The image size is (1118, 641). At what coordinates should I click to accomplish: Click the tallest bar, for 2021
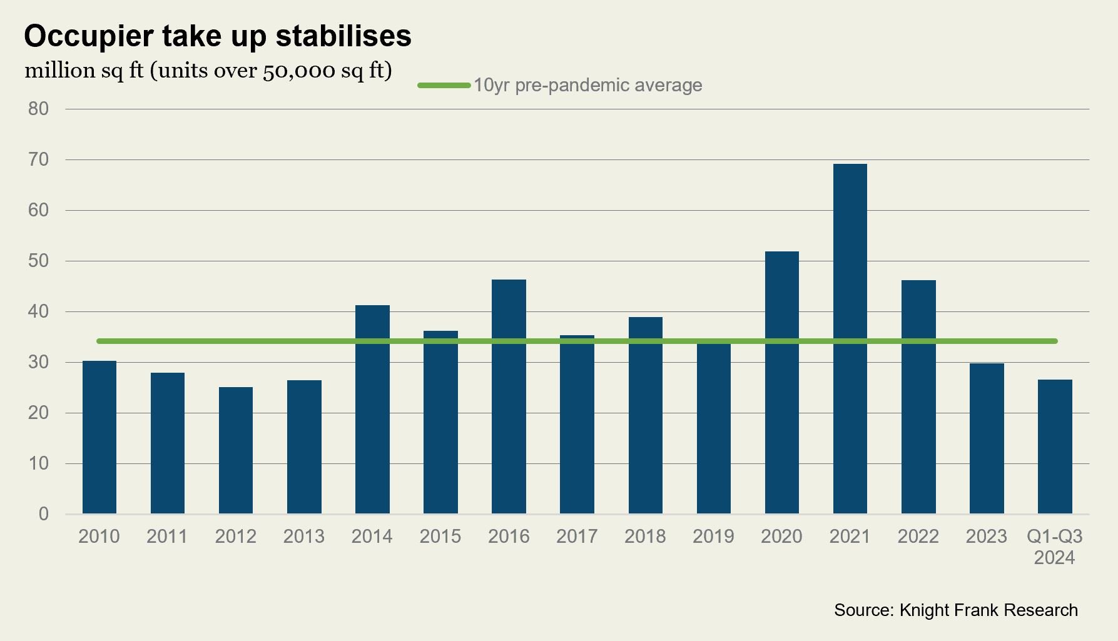tap(850, 338)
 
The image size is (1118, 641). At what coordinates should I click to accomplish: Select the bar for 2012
tap(236, 450)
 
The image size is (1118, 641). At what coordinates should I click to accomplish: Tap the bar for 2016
tap(509, 396)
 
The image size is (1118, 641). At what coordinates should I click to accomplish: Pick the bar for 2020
tap(781, 382)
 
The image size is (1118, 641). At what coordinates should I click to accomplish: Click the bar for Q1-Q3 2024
tap(1054, 447)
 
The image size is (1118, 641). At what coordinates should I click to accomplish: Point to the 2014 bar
tap(372, 409)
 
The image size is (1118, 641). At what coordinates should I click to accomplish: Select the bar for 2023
tap(986, 438)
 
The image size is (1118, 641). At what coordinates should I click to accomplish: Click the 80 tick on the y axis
tap(38, 109)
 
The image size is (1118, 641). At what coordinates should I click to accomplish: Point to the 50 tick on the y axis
tap(38, 261)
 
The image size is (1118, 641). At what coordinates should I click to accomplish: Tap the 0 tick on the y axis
tap(43, 514)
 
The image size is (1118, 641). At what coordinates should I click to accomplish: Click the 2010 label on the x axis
tap(99, 537)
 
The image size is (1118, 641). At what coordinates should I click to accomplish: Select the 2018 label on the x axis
tap(645, 537)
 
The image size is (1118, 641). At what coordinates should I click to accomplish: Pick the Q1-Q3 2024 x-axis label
tap(1054, 547)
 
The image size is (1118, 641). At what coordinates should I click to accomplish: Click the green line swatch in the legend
tap(444, 85)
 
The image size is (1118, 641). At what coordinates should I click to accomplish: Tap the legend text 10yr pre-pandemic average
tap(587, 85)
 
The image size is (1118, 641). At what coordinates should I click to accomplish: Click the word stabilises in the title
tap(343, 36)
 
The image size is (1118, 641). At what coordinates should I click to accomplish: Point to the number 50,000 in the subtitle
tap(298, 71)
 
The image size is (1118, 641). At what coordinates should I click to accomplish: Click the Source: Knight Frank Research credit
tap(955, 610)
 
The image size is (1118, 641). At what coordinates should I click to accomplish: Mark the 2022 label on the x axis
tap(918, 537)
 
